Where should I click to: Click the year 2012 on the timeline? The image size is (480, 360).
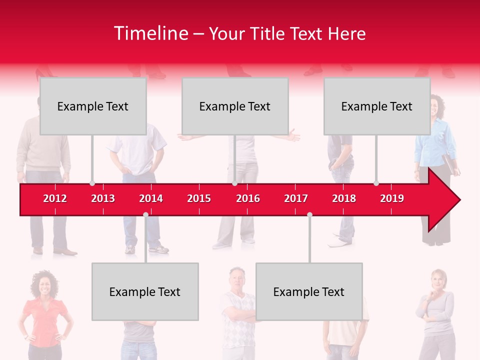[x=55, y=198]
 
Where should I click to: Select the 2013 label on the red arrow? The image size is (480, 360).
[x=103, y=198]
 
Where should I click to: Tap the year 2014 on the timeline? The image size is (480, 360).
[x=151, y=198]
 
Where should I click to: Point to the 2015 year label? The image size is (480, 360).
[x=199, y=198]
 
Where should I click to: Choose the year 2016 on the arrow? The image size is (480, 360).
[x=248, y=198]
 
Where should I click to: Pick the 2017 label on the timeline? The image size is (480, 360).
[x=296, y=198]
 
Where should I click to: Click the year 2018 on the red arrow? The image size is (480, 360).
[x=344, y=198]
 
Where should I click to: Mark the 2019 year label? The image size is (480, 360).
[x=392, y=198]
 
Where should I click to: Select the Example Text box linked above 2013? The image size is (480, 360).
[x=93, y=106]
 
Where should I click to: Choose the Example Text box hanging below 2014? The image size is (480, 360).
[x=145, y=291]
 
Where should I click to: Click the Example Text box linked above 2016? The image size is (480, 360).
[x=235, y=106]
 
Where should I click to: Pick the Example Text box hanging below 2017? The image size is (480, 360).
[x=309, y=291]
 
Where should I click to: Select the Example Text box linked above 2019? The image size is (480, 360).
[x=377, y=106]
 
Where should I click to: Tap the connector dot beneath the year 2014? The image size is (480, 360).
[x=145, y=214]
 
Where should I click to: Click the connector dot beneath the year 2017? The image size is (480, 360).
[x=309, y=214]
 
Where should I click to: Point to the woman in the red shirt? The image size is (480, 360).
[x=44, y=315]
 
